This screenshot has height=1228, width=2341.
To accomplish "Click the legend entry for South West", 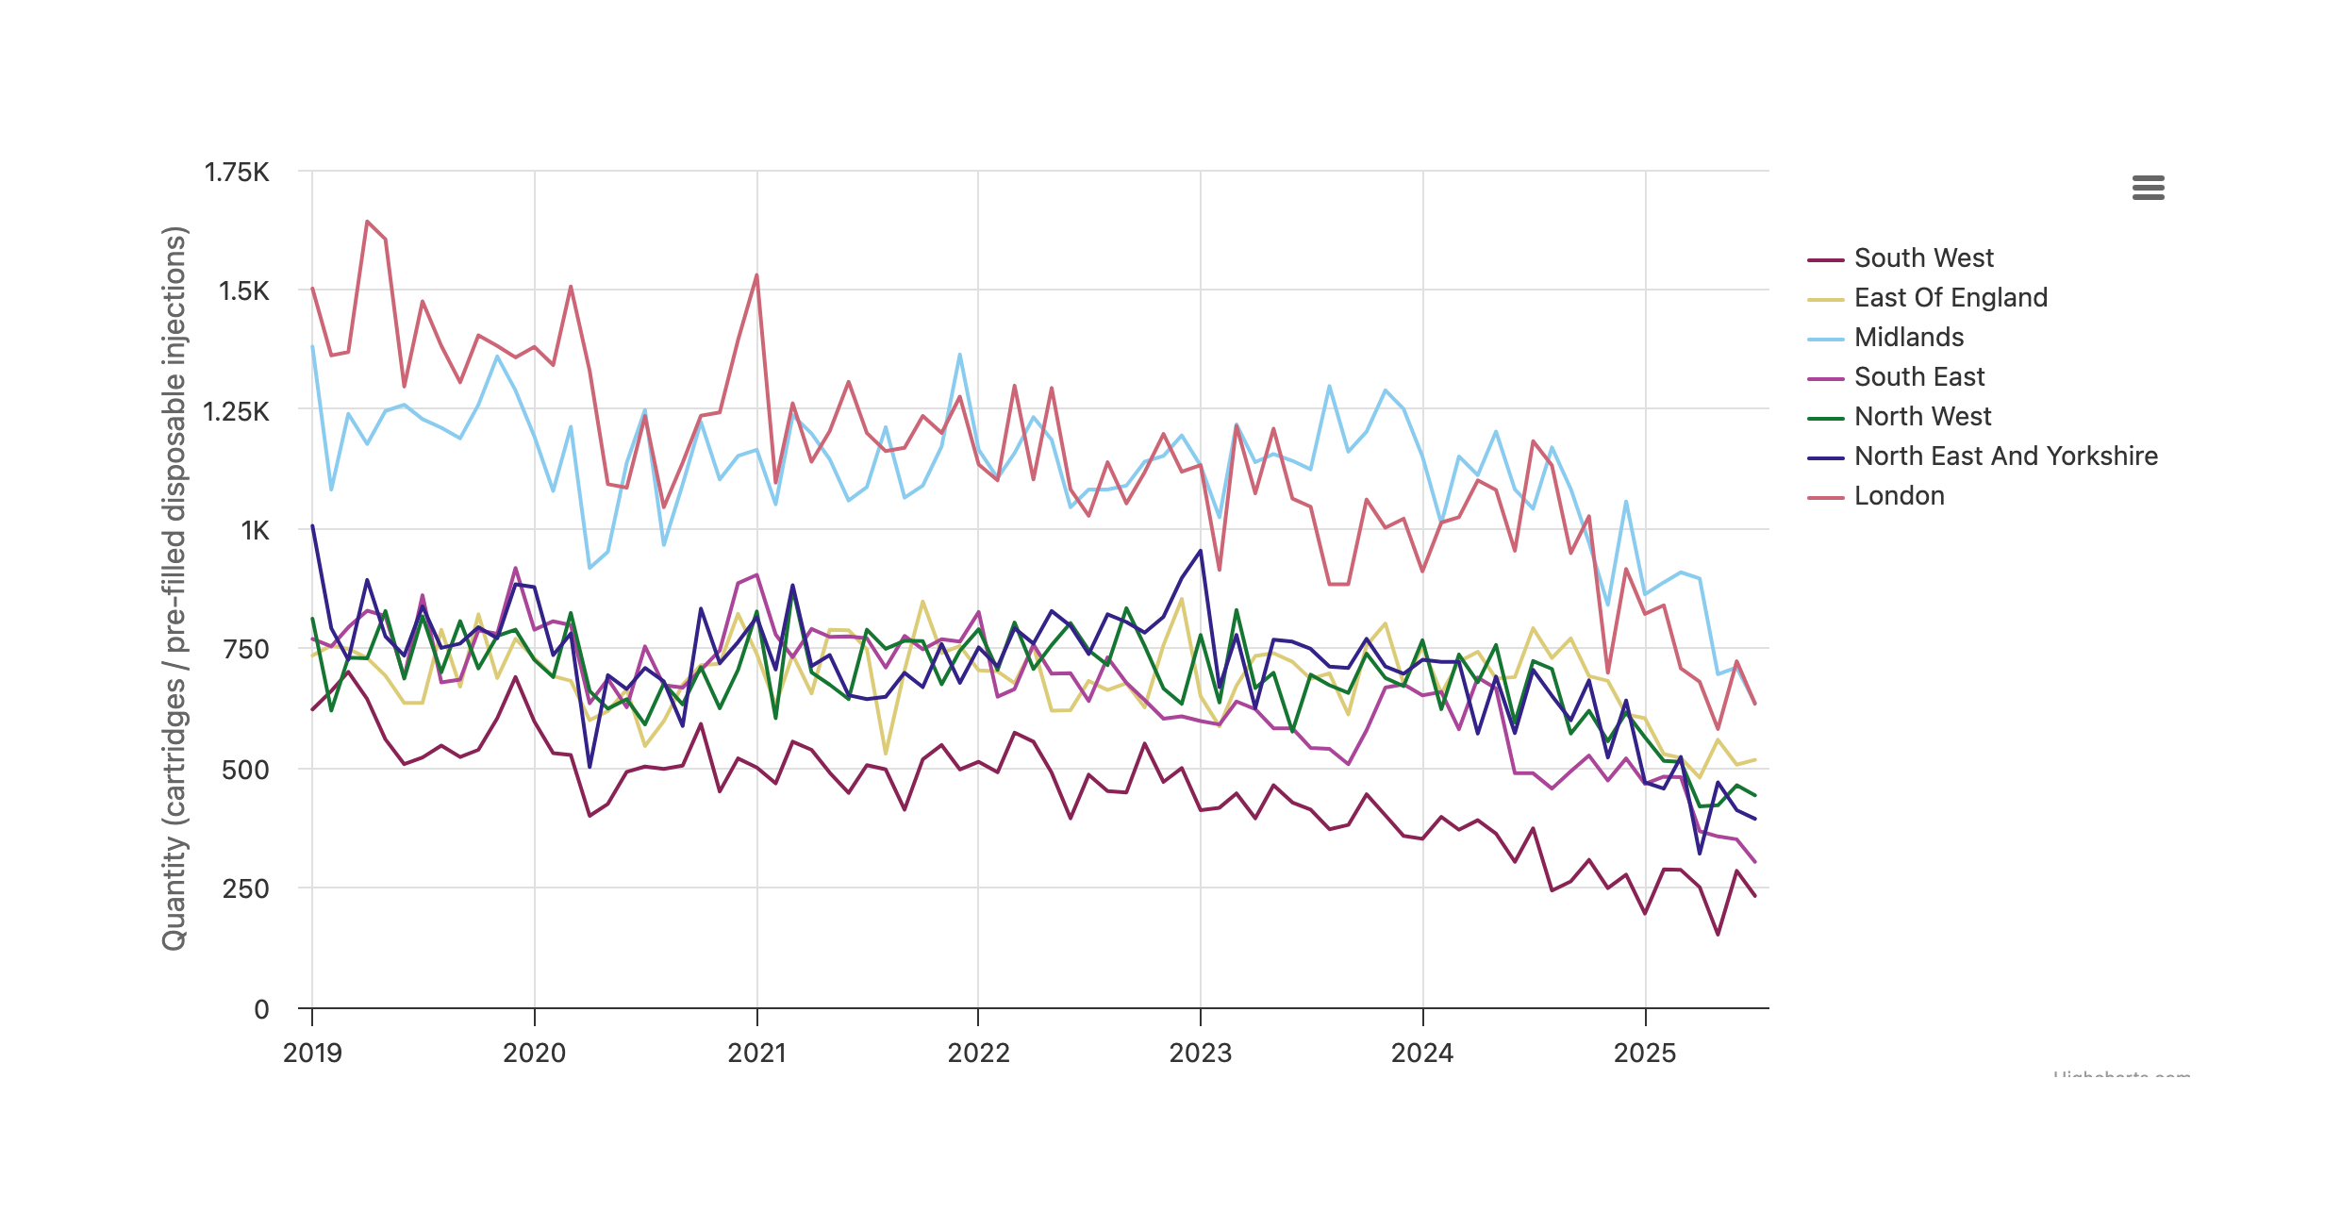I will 1923,258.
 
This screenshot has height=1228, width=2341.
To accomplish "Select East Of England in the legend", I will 1951,298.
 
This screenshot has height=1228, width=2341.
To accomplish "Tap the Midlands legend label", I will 1908,338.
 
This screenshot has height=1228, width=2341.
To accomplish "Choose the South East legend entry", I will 1918,377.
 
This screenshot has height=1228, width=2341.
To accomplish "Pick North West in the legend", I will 1922,417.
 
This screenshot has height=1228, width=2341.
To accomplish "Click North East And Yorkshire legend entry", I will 2005,456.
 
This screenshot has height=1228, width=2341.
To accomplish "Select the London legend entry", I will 1899,496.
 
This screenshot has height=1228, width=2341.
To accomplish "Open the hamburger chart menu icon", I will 2148,188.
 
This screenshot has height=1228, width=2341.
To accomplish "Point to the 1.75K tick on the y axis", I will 237,173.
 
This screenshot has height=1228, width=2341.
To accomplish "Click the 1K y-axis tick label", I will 255,531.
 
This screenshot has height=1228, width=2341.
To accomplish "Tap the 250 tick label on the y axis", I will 245,889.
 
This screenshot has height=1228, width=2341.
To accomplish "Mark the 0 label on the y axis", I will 261,1010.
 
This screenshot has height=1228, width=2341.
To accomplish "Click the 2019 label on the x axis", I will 312,1054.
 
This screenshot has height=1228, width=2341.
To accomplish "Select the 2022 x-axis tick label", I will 978,1054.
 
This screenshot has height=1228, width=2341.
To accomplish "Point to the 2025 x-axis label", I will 1645,1054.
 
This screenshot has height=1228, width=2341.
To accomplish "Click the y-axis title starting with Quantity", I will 174,589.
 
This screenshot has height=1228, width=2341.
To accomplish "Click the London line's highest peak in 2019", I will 367,222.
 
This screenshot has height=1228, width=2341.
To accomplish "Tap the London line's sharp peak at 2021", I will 756,275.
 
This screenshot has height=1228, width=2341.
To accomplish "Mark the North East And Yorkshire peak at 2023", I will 1201,551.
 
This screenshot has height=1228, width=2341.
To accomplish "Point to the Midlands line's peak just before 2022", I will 960,355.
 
